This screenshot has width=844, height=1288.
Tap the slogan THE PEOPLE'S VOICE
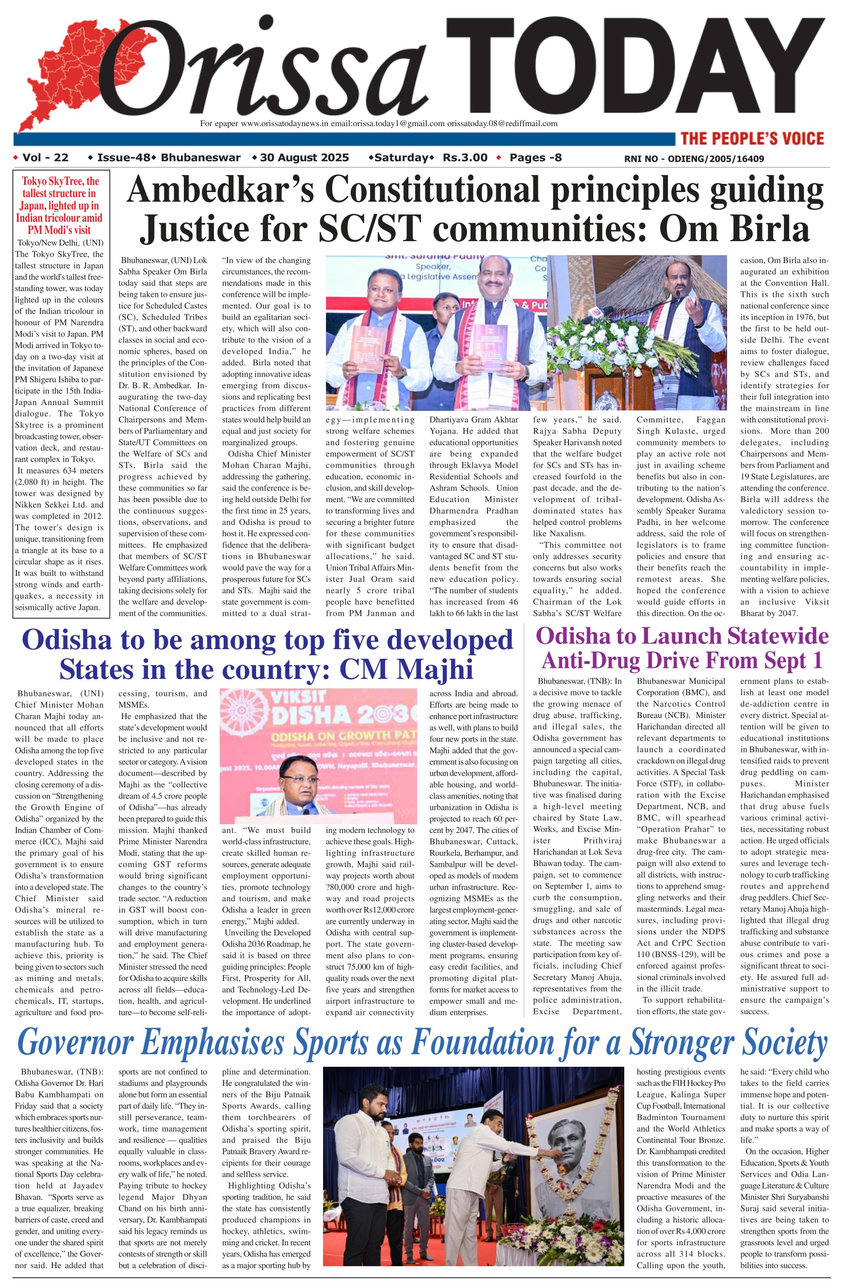coord(752,139)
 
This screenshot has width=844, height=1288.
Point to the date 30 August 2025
coord(304,158)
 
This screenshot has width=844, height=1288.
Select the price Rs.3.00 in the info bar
coord(465,158)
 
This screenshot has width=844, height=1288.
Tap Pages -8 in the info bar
coord(536,158)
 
